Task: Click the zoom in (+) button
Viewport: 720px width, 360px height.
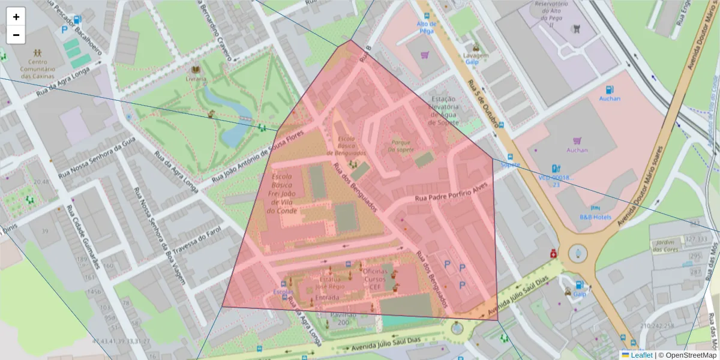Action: tap(16, 17)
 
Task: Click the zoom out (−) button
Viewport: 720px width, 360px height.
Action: tap(16, 35)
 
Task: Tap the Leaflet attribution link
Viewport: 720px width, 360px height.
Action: tap(641, 355)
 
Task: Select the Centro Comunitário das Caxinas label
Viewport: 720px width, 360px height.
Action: tap(38, 68)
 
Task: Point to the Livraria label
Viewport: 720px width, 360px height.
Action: tap(196, 79)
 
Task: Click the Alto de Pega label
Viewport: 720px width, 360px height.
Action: tap(426, 26)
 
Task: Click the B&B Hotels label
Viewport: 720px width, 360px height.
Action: tap(596, 217)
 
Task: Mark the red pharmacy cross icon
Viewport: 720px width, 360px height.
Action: tap(553, 254)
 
